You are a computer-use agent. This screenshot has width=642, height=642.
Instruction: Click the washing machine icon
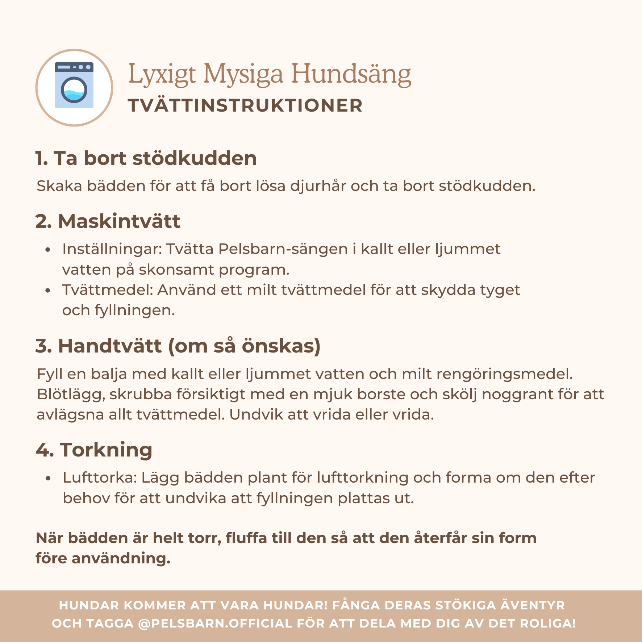[x=74, y=86]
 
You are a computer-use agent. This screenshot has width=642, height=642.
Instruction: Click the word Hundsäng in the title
[x=351, y=74]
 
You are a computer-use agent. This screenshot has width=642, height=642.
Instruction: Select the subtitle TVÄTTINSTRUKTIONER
[x=245, y=106]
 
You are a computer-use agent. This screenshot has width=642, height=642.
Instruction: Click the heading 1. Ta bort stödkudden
[x=146, y=158]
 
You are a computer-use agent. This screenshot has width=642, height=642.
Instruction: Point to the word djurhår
[x=318, y=186]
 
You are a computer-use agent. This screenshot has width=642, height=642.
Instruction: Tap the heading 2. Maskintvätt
[x=108, y=221]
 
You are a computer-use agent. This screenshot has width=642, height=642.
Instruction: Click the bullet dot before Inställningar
[x=47, y=250]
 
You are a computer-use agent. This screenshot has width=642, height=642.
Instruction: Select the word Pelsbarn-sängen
[x=283, y=249]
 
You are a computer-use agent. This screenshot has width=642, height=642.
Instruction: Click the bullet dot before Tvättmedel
[x=47, y=291]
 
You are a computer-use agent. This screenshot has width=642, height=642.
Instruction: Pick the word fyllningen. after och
[x=135, y=310]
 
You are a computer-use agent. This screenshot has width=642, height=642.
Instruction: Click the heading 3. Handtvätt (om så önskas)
[x=178, y=346]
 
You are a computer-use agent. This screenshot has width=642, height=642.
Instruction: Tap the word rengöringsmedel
[x=504, y=374]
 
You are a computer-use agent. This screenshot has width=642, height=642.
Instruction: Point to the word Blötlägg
[x=71, y=395]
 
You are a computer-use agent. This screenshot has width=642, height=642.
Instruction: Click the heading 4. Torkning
[x=94, y=450]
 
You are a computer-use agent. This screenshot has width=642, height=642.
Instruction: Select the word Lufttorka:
[x=100, y=478]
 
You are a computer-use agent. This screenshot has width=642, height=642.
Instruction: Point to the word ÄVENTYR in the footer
[x=533, y=605]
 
